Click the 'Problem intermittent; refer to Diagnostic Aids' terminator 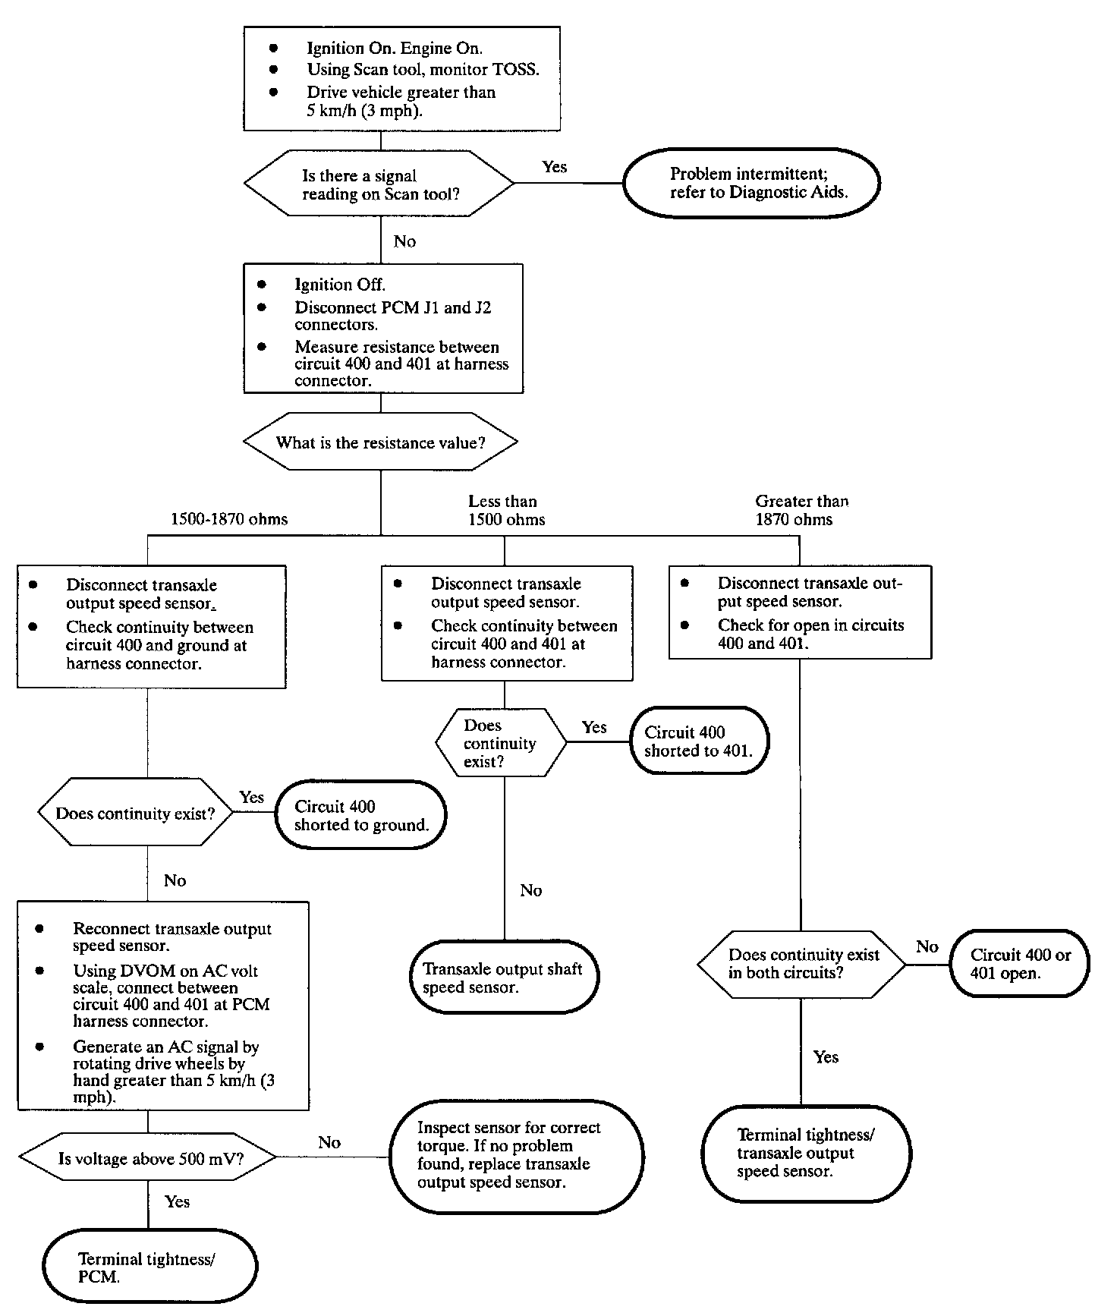751,183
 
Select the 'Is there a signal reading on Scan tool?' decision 379,183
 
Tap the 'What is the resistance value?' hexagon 380,442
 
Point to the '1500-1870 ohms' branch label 229,519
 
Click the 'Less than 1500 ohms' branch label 506,510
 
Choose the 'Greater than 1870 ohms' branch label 801,510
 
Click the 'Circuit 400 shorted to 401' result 699,741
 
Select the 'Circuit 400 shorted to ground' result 360,815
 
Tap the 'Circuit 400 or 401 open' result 1019,964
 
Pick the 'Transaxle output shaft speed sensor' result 505,978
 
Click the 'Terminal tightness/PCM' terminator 150,1267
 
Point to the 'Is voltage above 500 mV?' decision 147,1158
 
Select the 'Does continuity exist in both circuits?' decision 801,964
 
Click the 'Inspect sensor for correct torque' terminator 518,1156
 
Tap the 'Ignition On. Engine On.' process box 401,78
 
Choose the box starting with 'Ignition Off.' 383,328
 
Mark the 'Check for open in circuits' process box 800,612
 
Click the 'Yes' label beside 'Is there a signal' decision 555,167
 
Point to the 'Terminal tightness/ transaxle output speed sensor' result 806,1154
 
